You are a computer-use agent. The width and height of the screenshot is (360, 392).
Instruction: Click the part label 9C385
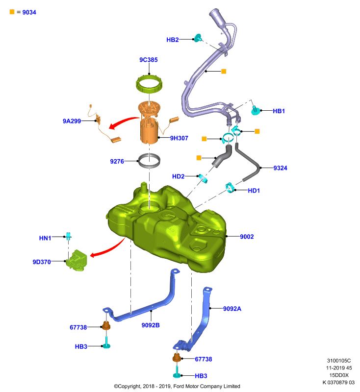coord(148,60)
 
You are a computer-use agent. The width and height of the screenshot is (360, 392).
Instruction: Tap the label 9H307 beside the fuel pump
coord(179,138)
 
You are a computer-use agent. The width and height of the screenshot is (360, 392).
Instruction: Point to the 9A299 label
coord(72,121)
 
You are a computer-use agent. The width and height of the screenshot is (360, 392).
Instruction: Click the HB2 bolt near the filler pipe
coord(198,38)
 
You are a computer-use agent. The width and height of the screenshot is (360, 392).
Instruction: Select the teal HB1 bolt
coord(255,110)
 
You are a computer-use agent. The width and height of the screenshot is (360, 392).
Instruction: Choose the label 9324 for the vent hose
coord(280,168)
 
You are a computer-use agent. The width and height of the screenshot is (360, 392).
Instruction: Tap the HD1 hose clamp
coord(230,188)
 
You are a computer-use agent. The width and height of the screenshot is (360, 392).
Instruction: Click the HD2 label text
coord(178,176)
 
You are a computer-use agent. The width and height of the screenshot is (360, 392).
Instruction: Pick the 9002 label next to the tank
coord(247,237)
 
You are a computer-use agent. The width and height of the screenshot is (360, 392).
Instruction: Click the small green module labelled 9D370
coord(77,260)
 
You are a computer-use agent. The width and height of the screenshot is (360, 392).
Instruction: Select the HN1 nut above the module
coord(68,236)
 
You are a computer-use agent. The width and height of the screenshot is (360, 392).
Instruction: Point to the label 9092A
coord(232,309)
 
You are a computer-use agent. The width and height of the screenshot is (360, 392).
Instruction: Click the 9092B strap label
coord(151,325)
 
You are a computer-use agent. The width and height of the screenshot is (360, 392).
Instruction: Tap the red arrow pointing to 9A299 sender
coord(123,122)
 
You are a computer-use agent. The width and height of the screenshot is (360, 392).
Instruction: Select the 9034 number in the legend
coord(29,12)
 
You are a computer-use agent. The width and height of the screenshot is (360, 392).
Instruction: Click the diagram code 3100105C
coord(339,361)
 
